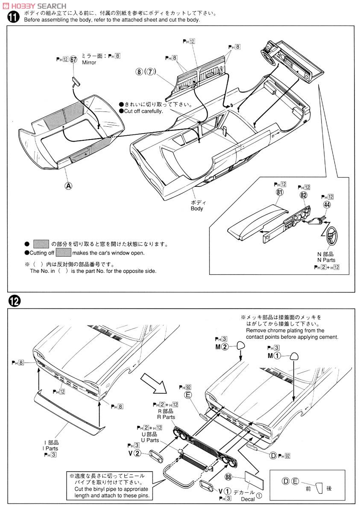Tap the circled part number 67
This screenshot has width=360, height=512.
tap(73, 60)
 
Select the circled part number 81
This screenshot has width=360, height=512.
tap(280, 192)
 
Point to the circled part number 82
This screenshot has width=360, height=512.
tap(304, 195)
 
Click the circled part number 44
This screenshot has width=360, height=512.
tap(327, 204)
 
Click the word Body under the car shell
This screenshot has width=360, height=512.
tap(197, 209)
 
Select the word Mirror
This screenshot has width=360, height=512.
tap(89, 63)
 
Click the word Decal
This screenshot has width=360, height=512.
tap(248, 499)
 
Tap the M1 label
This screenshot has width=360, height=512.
tap(275, 356)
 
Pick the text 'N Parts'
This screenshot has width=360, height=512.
tap(326, 260)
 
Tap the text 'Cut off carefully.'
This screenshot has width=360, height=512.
tap(143, 111)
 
